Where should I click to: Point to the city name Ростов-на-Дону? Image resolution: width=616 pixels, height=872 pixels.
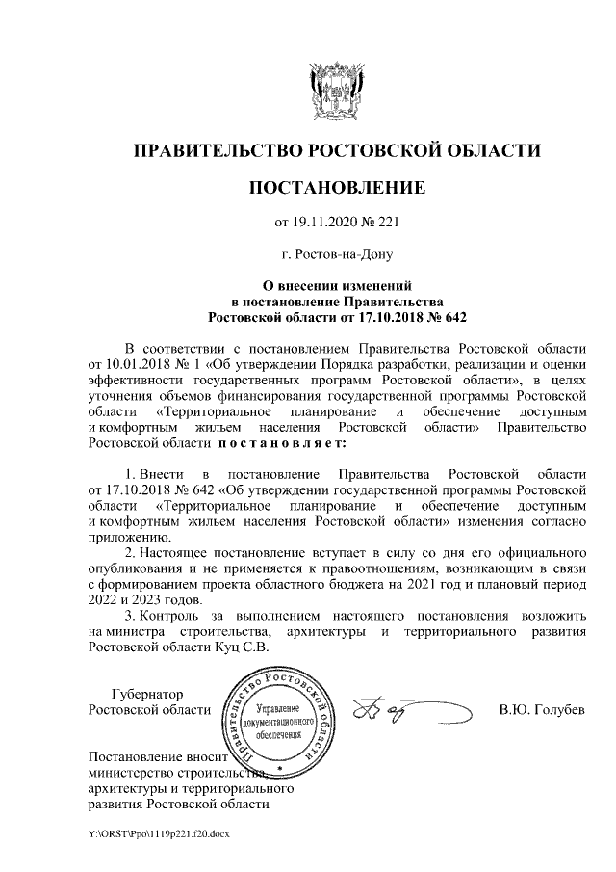click(x=337, y=255)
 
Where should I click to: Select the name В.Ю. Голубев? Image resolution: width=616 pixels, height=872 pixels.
click(x=542, y=711)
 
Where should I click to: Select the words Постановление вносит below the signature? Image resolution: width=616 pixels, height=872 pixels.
click(x=154, y=754)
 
